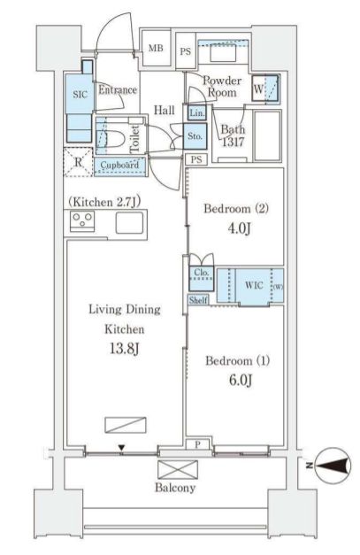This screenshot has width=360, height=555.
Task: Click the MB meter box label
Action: (156, 48)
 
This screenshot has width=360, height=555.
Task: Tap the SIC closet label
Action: (80, 94)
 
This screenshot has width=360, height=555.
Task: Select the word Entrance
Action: (118, 90)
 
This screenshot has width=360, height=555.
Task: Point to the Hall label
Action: (165, 110)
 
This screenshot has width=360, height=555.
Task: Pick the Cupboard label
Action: (119, 165)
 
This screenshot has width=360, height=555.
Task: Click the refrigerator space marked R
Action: (78, 162)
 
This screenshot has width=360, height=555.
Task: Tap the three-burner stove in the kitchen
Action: (82, 221)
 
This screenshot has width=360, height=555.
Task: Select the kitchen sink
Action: (129, 223)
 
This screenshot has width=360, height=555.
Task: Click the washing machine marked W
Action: (265, 89)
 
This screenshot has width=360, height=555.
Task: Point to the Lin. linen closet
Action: (196, 113)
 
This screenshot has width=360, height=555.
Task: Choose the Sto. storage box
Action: (195, 136)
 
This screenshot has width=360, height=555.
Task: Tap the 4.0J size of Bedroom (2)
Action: (238, 228)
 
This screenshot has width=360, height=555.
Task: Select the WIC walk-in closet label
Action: (254, 285)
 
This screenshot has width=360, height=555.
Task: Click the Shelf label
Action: (198, 300)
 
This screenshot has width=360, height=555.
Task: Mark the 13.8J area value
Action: (124, 349)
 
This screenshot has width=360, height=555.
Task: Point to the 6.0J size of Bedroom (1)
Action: (240, 381)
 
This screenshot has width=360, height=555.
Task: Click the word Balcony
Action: (175, 488)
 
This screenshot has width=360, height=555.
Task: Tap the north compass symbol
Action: (333, 466)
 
